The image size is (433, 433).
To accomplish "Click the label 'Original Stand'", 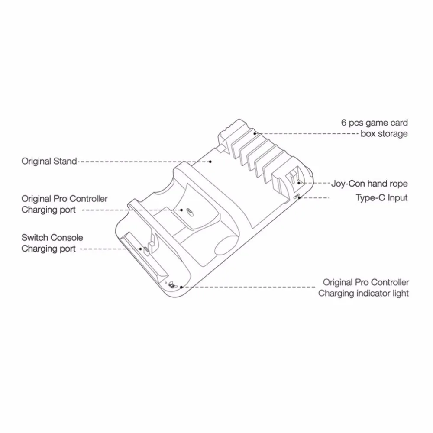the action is point(49,161).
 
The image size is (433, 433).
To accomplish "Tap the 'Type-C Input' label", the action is point(381,198).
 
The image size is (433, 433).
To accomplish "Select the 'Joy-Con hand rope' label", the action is point(369,184).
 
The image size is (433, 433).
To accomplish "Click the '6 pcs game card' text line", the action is point(375,123).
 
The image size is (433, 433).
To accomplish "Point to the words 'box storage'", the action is point(384,134).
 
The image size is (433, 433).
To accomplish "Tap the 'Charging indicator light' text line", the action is point(363,294).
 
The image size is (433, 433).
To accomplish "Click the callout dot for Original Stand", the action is point(210,162).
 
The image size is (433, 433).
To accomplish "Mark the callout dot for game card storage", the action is point(255,134).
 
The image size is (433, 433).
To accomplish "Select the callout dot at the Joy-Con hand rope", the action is point(299,183).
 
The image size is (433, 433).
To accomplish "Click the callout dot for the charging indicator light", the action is point(181,287).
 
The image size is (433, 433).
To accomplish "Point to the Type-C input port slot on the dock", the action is point(296,197).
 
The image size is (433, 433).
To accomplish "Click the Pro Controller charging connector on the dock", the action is point(189,211).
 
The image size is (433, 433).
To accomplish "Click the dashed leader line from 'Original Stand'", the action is point(144,162).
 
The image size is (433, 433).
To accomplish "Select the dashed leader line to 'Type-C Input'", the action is point(314,198).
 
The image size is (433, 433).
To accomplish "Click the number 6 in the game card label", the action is point(343,123).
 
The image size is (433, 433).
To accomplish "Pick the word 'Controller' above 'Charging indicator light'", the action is point(390,282).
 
